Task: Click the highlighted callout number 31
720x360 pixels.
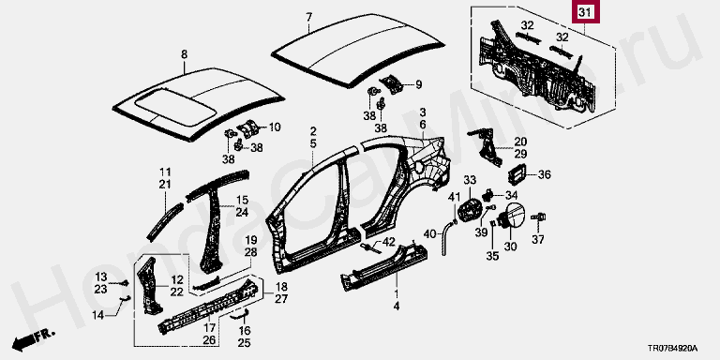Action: point(585,14)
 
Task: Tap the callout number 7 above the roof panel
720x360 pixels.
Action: point(309,18)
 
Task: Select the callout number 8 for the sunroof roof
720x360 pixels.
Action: point(184,54)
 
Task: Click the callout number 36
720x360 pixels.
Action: point(544,174)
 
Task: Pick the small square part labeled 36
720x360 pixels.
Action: point(517,174)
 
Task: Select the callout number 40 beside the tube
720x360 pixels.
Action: point(429,234)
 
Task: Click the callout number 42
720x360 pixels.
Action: point(388,242)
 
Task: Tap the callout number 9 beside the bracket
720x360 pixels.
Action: point(418,84)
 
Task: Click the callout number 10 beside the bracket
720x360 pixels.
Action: point(274,127)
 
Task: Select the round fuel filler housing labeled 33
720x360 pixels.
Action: point(469,210)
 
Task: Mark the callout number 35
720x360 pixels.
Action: point(492,256)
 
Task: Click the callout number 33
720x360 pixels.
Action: point(471,179)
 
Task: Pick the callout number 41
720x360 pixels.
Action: point(454,198)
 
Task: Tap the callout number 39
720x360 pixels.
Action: point(481,232)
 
